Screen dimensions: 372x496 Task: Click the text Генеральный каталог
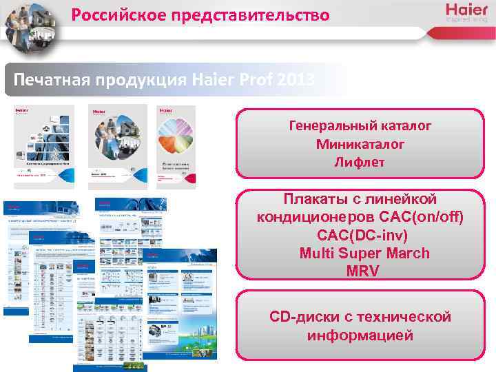360,127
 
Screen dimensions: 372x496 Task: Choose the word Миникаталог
360,145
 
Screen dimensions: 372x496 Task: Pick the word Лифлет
360,163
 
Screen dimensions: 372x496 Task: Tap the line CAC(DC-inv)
360,235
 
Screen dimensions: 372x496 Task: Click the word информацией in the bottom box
360,336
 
